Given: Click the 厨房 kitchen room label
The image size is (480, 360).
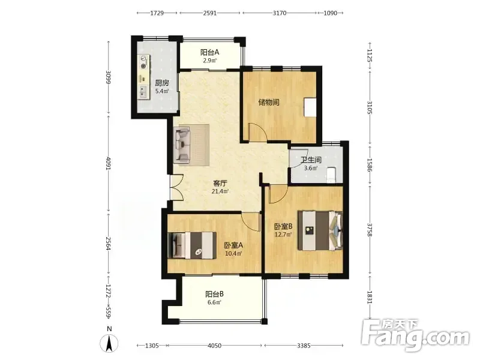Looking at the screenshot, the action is point(162,83).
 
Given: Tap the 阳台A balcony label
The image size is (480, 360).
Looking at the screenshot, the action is point(209,52).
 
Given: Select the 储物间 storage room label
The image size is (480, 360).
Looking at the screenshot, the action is point(269,102).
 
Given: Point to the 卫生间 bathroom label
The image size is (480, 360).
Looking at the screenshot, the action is point(311,160).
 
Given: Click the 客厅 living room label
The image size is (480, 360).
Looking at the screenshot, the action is point(220,184).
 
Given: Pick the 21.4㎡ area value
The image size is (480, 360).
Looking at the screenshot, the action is point(220,191).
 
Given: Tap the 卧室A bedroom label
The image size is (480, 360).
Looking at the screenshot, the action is point(233,245).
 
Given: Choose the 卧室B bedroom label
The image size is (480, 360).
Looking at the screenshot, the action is point(283,227).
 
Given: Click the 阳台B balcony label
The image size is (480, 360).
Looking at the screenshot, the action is point(214,294).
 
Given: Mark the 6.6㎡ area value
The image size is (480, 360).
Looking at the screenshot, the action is point(214,302).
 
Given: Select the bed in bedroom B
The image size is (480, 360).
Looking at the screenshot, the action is point(320,230).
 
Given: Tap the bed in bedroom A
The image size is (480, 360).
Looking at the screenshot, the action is point(192,245).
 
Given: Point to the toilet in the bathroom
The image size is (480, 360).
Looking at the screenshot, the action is point(332,175).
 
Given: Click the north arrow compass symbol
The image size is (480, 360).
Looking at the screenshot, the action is point(109,343).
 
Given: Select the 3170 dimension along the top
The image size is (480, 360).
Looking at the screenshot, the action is point(280,13).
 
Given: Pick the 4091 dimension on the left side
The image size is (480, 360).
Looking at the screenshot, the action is point(109,164).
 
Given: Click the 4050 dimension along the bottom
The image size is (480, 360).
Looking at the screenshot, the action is point(214,346).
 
